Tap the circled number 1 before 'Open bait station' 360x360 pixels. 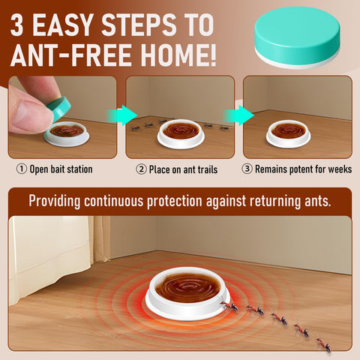22,169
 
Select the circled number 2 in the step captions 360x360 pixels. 141,169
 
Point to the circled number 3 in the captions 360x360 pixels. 247,169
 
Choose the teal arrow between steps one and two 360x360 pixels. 122,115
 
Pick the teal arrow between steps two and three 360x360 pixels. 239,115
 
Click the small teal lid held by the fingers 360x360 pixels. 59,108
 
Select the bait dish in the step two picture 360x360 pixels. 181,133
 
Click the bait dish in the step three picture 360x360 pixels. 288,133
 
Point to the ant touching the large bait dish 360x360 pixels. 229,304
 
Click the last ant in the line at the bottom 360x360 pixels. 324,345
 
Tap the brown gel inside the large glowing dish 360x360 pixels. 187,287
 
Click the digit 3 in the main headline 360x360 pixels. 17,25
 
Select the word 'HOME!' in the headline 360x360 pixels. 178,55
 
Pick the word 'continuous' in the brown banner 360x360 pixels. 114,201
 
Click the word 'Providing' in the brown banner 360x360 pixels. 55,202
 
